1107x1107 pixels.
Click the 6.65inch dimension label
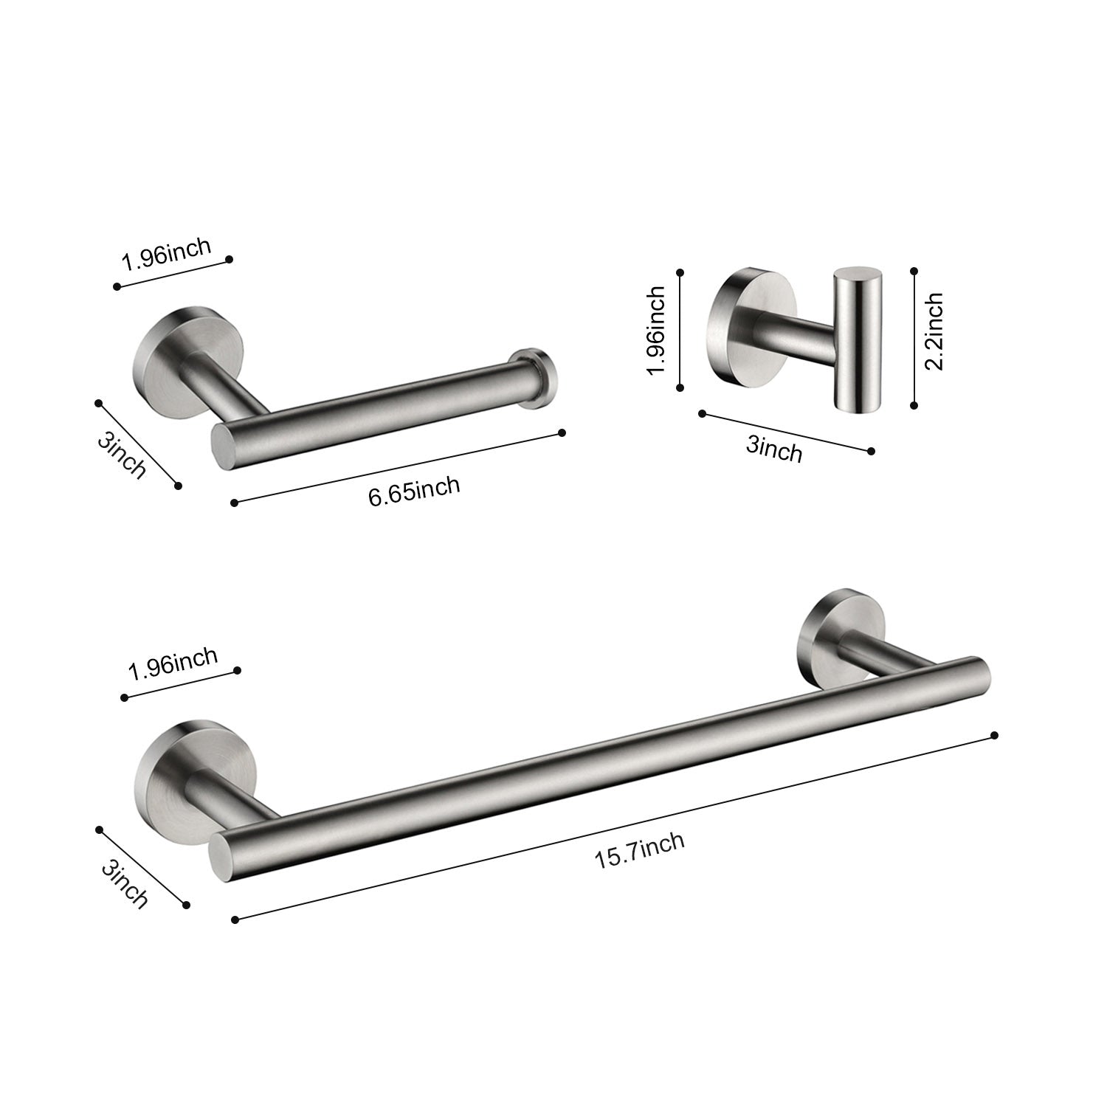[414, 491]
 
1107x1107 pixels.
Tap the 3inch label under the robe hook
[773, 448]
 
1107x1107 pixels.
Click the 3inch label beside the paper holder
[121, 455]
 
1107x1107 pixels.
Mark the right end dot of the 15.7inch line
[994, 735]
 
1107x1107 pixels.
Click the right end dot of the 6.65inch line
[562, 432]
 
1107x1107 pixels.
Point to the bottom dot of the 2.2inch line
[914, 404]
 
